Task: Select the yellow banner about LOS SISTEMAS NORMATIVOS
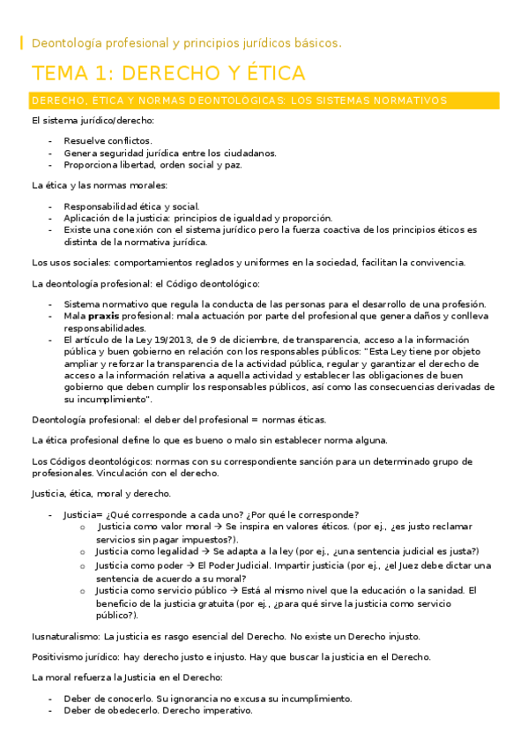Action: click(239, 101)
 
